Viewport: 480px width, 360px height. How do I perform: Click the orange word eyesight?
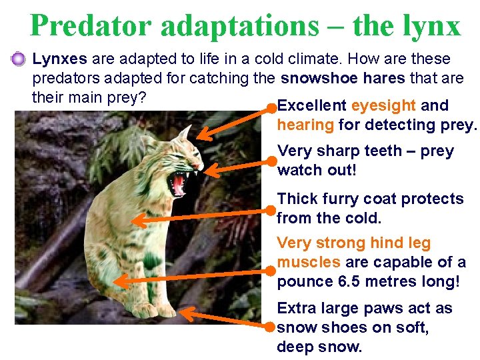click(384, 105)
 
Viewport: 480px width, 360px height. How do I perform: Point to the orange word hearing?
click(305, 125)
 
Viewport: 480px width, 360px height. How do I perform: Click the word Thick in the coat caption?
click(297, 199)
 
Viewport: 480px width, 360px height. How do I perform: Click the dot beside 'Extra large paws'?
click(269, 327)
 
